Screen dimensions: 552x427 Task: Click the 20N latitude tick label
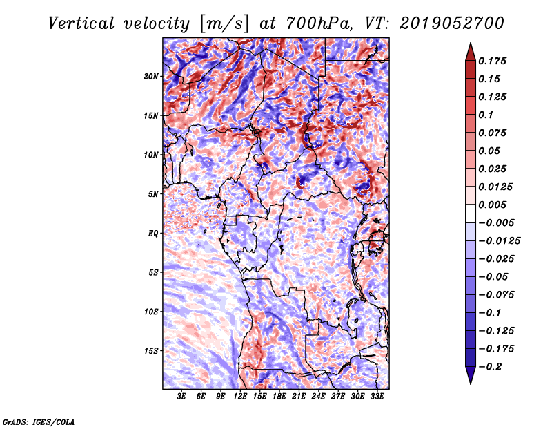151,77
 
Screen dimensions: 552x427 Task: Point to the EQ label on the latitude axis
153,234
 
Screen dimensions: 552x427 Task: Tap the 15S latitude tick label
151,351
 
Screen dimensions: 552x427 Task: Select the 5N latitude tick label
153,194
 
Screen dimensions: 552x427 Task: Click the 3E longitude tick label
181,397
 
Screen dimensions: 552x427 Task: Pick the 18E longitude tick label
279,397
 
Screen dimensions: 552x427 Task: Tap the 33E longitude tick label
377,397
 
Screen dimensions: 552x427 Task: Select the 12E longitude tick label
240,397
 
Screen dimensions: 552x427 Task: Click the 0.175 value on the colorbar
492,61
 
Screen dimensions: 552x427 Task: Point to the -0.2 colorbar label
490,367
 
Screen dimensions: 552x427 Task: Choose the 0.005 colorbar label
492,205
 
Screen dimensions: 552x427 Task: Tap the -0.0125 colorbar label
499,241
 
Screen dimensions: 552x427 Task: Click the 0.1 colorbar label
486,115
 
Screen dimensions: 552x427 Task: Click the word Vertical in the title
81,23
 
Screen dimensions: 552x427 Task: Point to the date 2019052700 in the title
452,23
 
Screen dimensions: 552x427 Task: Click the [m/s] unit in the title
224,24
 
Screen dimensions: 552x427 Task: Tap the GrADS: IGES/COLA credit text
39,421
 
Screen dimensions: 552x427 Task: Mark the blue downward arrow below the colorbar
471,374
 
